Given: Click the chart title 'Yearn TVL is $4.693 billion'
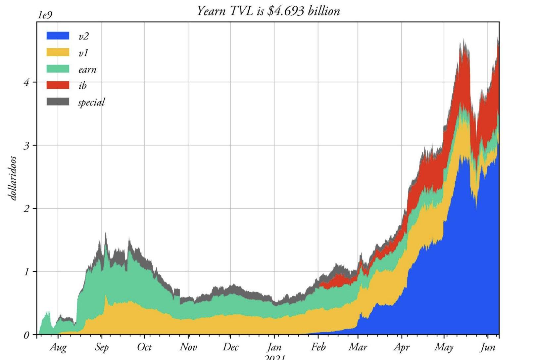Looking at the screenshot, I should tap(268, 11).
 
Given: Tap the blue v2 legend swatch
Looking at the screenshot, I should tap(58, 36).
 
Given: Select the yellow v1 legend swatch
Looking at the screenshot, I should tap(58, 52).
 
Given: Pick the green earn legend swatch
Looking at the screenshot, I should tap(58, 69).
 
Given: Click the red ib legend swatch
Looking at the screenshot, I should tap(58, 85).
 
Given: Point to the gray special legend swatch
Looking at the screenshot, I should tap(58, 102).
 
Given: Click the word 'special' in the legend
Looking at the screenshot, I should tap(91, 102).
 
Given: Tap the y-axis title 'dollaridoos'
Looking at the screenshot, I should tap(13, 178).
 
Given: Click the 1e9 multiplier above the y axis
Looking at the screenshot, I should tap(45, 15).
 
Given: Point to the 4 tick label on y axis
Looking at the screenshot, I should tap(26, 82).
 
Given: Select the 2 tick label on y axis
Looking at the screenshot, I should tap(26, 208).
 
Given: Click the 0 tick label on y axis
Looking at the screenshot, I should tap(26, 335).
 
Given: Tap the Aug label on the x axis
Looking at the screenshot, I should tap(58, 347).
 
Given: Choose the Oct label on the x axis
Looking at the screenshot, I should tap(144, 347).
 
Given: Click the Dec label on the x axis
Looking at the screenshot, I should tap(230, 347).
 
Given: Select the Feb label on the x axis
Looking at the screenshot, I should tap(318, 347).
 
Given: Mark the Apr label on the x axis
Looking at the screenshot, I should tap(402, 347).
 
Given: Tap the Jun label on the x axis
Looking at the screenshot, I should tap(488, 347).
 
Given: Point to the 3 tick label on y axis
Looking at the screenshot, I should tap(26, 146).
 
